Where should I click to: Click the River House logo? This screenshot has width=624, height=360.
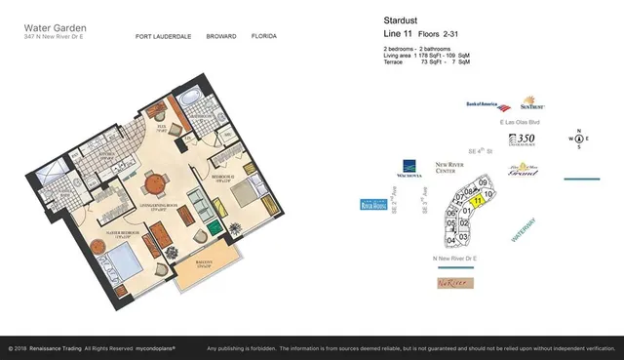pyautogui.click(x=374, y=205)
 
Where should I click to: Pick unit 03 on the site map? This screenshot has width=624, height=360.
pyautogui.click(x=464, y=236)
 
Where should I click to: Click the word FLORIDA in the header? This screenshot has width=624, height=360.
pyautogui.click(x=263, y=37)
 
